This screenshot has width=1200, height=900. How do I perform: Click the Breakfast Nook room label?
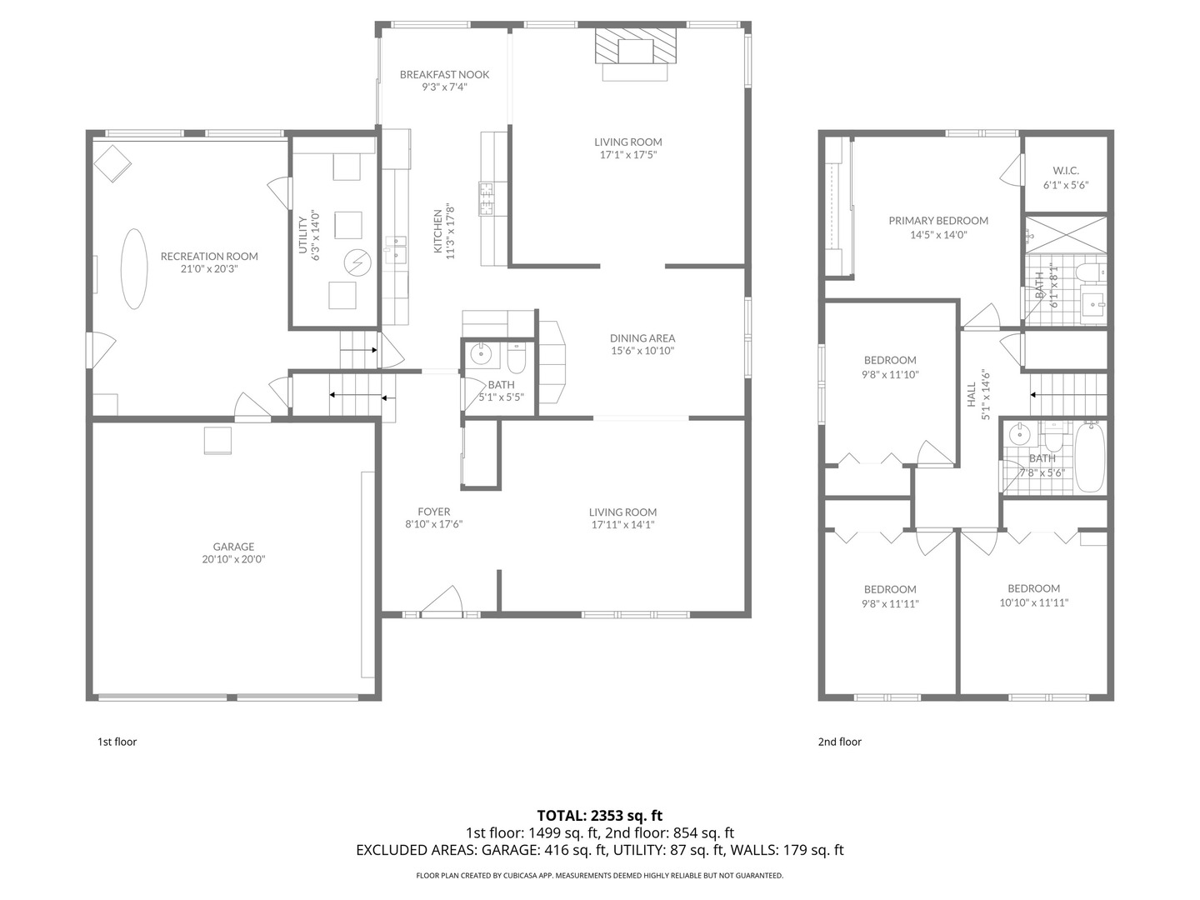(444, 74)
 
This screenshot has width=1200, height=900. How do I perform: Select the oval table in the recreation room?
(137, 268)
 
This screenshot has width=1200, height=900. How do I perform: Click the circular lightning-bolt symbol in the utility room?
(357, 262)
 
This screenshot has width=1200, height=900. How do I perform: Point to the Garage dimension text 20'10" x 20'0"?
(233, 559)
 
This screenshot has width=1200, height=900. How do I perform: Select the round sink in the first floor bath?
(482, 354)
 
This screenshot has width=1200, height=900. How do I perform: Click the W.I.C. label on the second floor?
(1066, 171)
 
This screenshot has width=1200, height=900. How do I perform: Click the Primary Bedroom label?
(938, 221)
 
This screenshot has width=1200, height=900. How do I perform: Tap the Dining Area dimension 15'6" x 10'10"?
(642, 351)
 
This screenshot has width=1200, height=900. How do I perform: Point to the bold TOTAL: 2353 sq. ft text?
(599, 815)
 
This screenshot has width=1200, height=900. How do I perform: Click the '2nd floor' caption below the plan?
(839, 742)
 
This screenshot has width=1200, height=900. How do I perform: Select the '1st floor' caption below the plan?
(117, 742)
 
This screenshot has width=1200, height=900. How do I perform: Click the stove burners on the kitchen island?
(487, 198)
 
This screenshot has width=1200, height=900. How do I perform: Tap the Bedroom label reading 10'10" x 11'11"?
(1033, 602)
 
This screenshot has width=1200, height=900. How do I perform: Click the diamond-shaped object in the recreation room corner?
(112, 163)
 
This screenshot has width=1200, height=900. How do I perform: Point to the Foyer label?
(433, 512)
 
